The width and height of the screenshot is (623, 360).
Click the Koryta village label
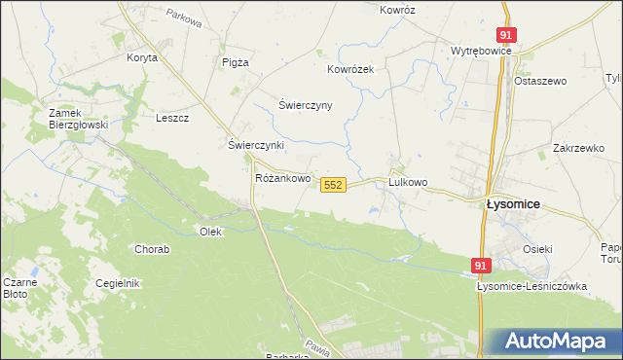tap(141, 57)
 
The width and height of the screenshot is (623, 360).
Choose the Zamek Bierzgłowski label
tap(77, 119)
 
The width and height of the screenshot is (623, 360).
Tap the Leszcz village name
tap(171, 118)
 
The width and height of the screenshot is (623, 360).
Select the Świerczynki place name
tap(255, 145)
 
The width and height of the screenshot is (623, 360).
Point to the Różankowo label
tap(282, 179)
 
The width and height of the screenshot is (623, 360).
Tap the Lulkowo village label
tap(408, 182)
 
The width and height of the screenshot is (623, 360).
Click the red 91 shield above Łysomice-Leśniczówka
tap(481, 265)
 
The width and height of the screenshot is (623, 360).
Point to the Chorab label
tap(152, 249)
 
